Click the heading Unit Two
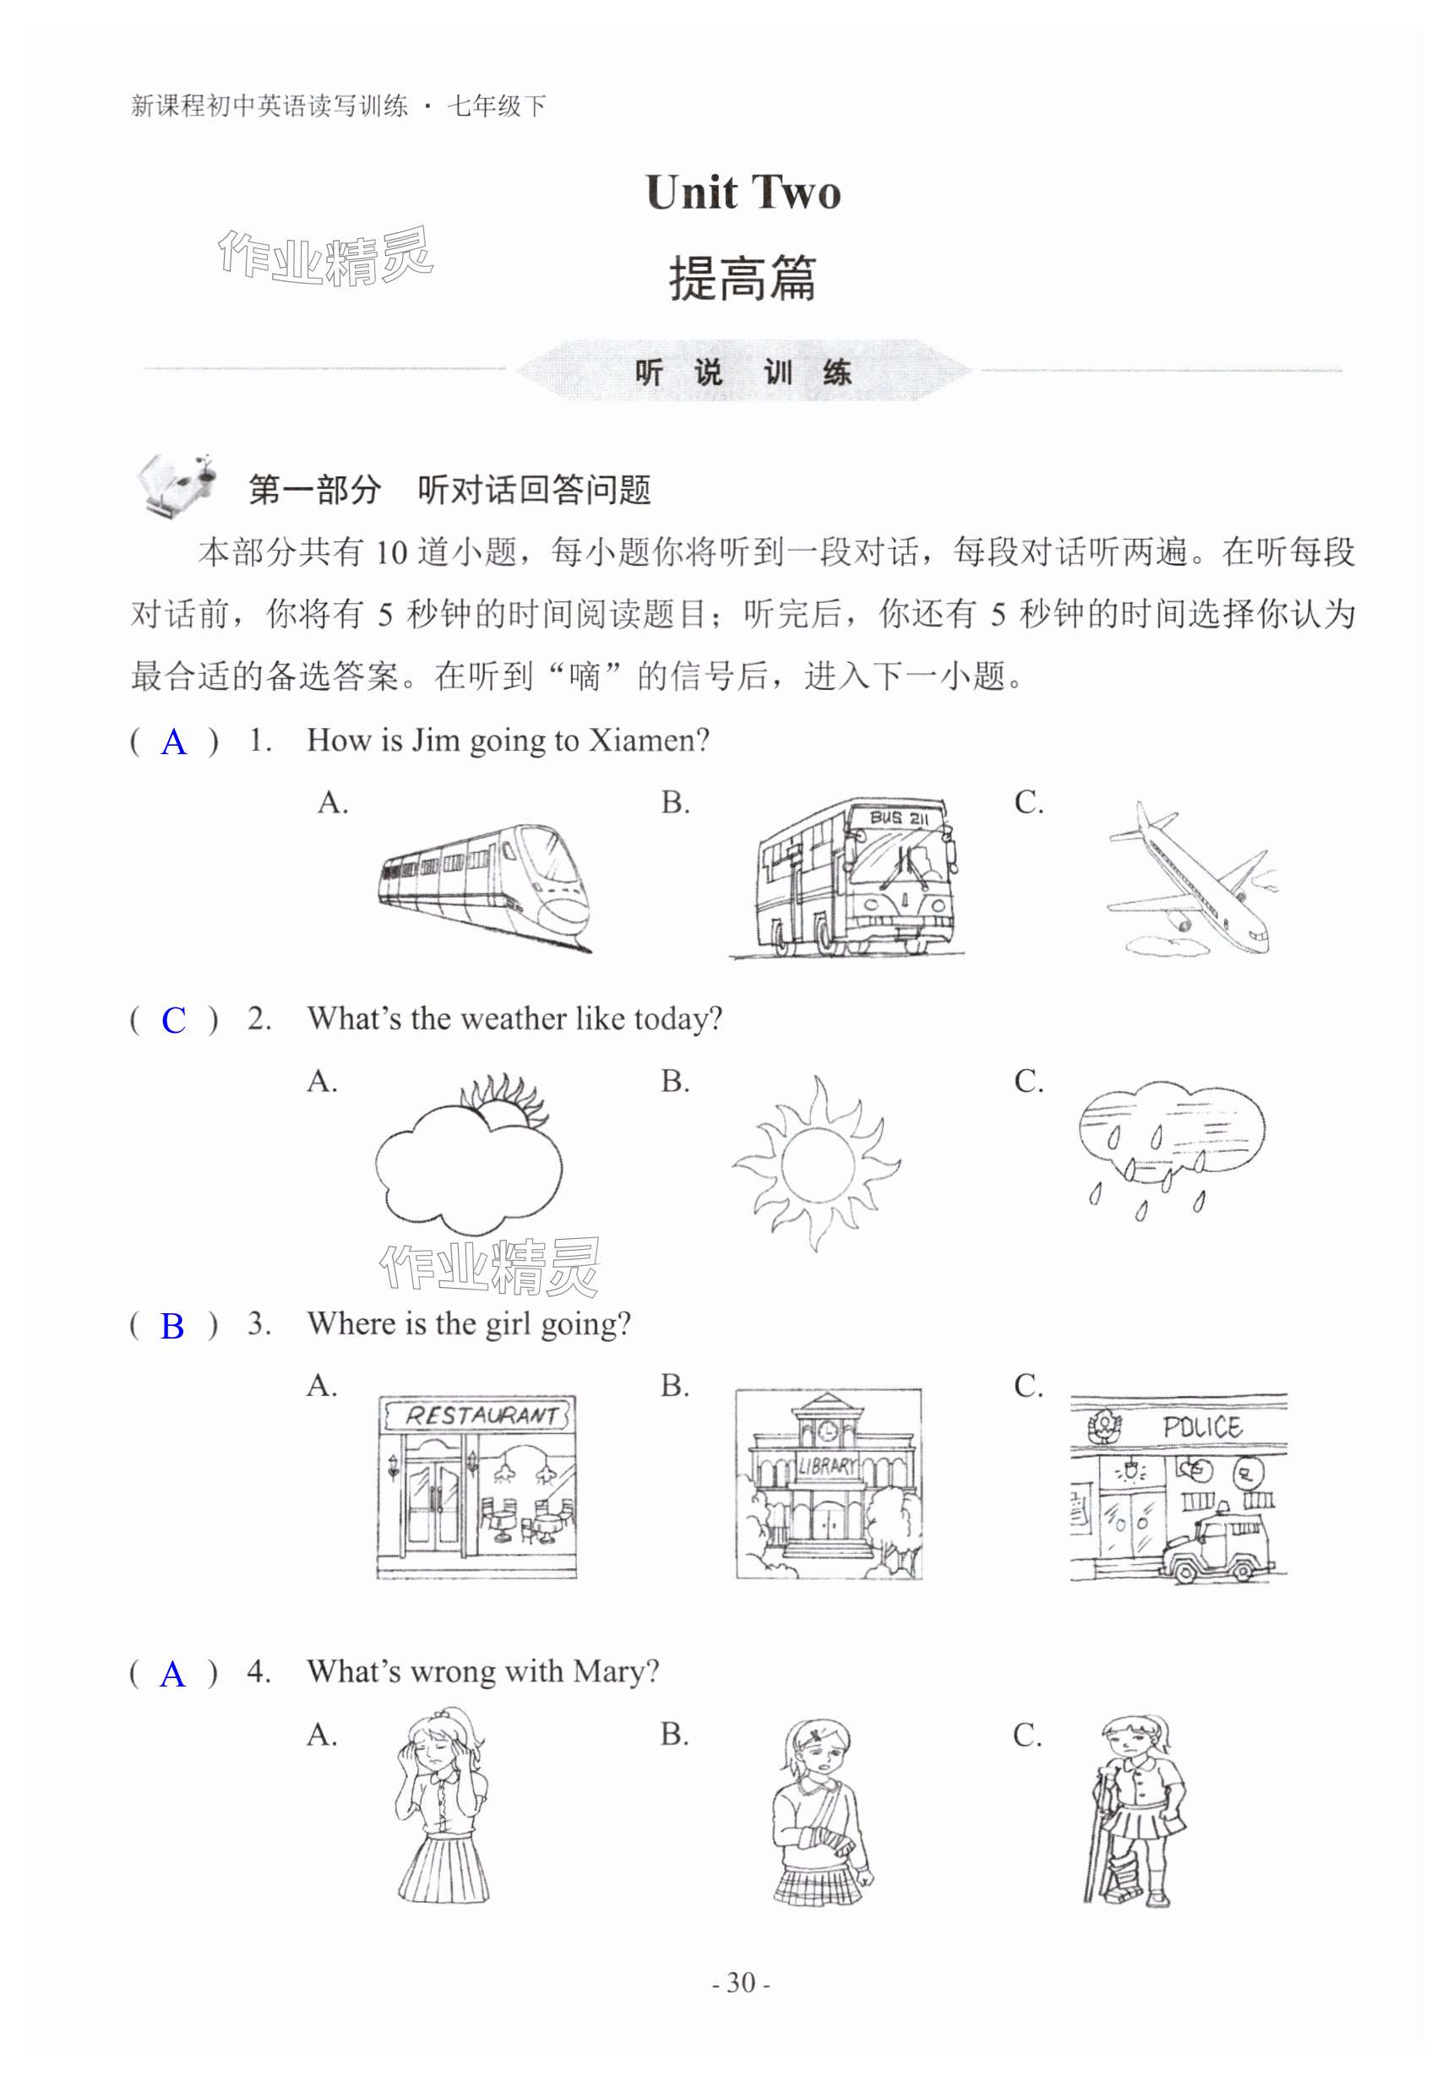click(x=742, y=193)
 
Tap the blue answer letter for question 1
click(x=173, y=743)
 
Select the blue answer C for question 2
click(x=173, y=1020)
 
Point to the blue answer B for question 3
click(x=171, y=1326)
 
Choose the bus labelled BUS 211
click(x=852, y=876)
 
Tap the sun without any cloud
click(x=816, y=1163)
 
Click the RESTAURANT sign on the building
click(x=479, y=1415)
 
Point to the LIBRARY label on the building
click(x=826, y=1465)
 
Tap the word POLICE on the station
click(x=1201, y=1428)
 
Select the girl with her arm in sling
click(x=820, y=1813)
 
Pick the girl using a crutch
click(x=1134, y=1813)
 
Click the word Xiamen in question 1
click(x=644, y=741)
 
